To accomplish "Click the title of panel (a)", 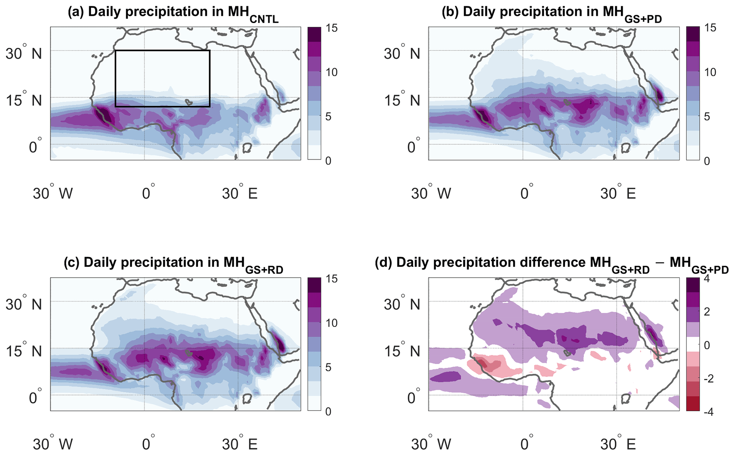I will [x=173, y=13].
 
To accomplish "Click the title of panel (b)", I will [x=552, y=13].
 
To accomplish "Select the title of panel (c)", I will [x=173, y=263].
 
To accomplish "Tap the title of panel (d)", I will [x=552, y=263].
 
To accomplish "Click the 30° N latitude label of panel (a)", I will [x=23, y=54].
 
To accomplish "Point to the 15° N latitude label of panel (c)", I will [x=23, y=351].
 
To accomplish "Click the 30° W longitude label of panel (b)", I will [x=431, y=194].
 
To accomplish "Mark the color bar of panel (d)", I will [x=693, y=345].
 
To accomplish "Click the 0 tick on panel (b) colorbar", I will [x=707, y=161].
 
